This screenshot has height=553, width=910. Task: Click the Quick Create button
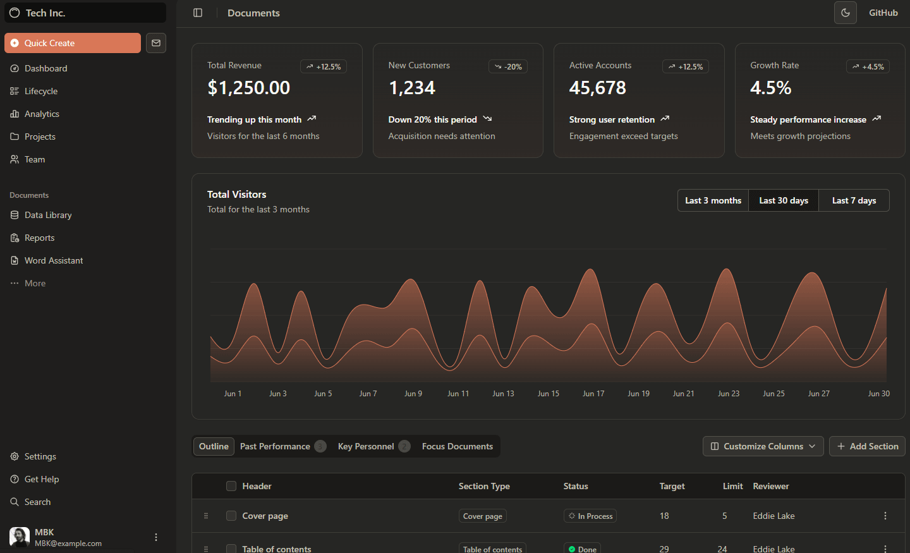73,43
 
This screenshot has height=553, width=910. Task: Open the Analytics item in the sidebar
42,114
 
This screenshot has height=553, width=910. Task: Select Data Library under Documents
48,215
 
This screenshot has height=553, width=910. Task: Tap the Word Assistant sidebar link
54,260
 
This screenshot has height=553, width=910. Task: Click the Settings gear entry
40,456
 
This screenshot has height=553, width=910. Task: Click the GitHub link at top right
883,13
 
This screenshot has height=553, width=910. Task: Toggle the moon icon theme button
846,13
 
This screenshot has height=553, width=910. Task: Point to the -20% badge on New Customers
508,66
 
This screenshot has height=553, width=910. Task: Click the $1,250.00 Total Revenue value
249,88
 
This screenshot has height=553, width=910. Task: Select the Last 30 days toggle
784,200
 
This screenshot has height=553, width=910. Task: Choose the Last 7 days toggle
854,200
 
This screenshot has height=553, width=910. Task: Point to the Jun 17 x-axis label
593,394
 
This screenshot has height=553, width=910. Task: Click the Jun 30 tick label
878,394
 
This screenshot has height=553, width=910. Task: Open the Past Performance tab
276,446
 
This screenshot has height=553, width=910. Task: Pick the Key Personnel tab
366,446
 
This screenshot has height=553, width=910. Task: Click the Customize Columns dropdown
763,446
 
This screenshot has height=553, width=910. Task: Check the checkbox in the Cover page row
231,516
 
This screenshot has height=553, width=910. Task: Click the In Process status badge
590,516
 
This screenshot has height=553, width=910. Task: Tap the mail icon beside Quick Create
156,43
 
